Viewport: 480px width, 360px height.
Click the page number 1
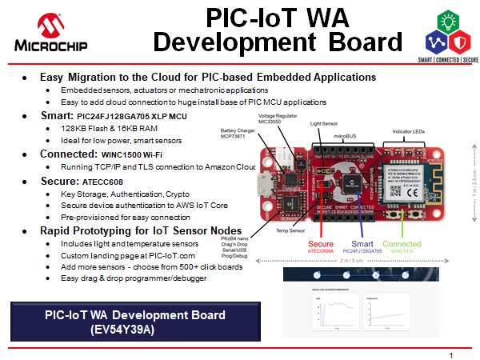pyautogui.click(x=451, y=354)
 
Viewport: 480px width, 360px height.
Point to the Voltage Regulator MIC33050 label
pyautogui.click(x=278, y=118)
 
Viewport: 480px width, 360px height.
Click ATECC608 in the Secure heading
pyautogui.click(x=102, y=182)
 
